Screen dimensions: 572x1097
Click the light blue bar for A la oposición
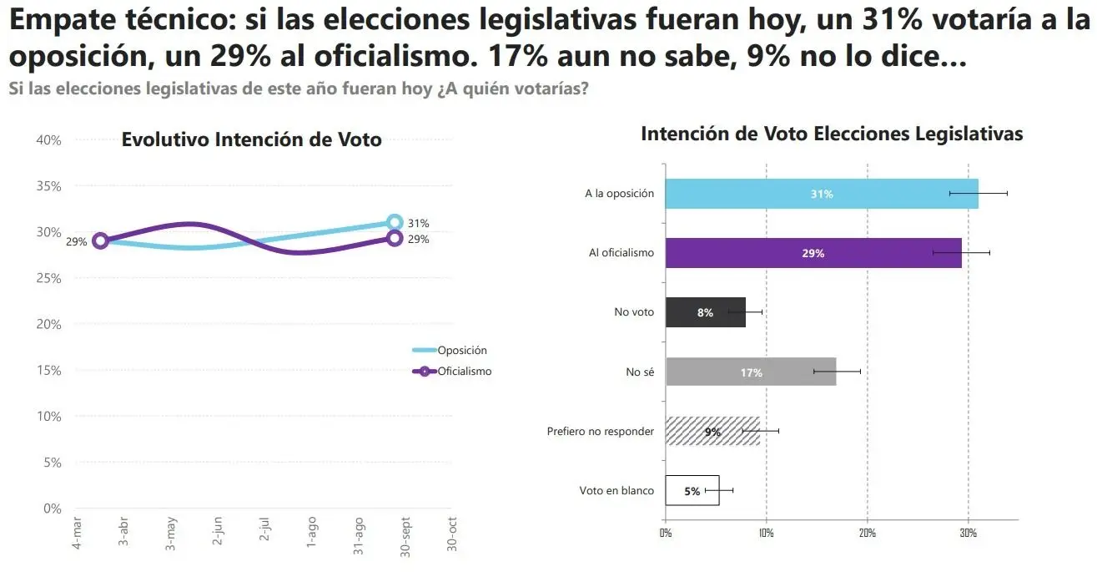[x=821, y=194]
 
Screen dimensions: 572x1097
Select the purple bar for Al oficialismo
[x=813, y=253]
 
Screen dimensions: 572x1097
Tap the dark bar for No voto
[x=705, y=312]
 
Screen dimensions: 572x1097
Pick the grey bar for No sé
[x=750, y=372]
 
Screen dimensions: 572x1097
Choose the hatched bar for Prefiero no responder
[x=712, y=432]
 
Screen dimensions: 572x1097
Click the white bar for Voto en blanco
[x=692, y=491]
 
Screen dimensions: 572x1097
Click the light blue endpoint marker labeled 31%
[x=395, y=222]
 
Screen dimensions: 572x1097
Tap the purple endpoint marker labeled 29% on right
[x=395, y=239]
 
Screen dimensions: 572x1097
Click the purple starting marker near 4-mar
[x=100, y=240]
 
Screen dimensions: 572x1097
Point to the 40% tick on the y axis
[x=49, y=140]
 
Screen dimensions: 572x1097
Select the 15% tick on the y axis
[x=49, y=370]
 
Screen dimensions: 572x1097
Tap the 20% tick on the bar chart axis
[x=867, y=532]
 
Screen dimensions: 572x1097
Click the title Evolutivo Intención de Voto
[x=251, y=139]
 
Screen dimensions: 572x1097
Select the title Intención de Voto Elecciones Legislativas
[x=831, y=134]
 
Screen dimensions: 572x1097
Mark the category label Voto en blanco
[x=616, y=491]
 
